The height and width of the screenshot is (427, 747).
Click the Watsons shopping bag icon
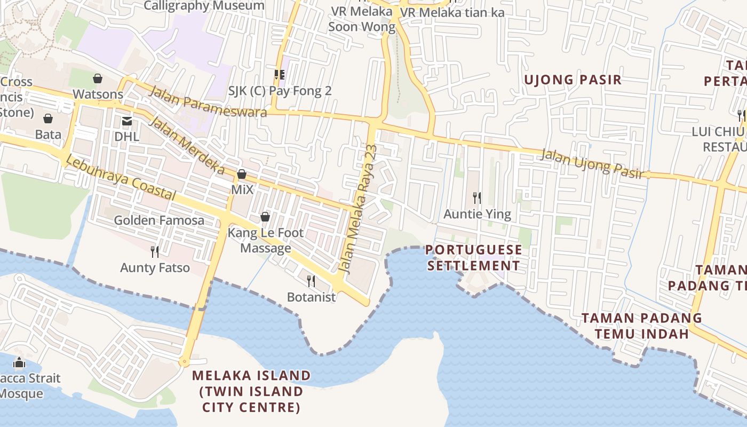(98, 79)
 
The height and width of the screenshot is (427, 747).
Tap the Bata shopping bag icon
(48, 118)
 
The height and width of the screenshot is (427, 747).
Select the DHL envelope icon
(127, 121)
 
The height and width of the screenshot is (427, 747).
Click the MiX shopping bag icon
(242, 174)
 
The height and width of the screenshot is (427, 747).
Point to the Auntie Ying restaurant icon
(477, 198)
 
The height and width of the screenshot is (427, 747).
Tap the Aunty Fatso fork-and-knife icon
(155, 251)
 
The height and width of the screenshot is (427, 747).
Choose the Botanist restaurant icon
(311, 281)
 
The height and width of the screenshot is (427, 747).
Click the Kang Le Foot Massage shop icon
(265, 217)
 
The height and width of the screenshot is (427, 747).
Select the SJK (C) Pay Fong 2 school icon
(279, 75)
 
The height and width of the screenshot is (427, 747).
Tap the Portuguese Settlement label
(473, 258)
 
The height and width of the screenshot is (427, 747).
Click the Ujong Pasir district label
(573, 80)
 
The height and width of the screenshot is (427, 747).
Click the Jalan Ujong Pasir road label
(591, 163)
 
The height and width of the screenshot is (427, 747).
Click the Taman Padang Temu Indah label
(641, 326)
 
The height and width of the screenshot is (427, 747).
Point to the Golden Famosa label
(159, 220)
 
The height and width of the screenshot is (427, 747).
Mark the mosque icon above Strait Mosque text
(19, 363)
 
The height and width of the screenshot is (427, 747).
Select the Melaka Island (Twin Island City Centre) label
(251, 391)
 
